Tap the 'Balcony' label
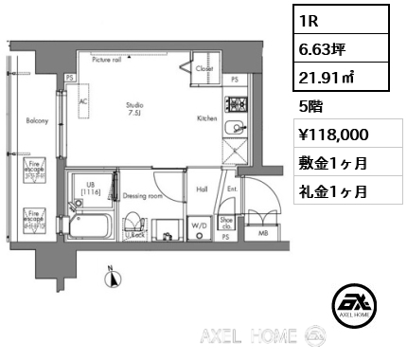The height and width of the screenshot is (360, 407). coord(38,121)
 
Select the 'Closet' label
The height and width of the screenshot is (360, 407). coord(204,69)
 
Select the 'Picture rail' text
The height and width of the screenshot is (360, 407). coord(107,59)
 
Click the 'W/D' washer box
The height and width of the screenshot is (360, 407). coord(200,225)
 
